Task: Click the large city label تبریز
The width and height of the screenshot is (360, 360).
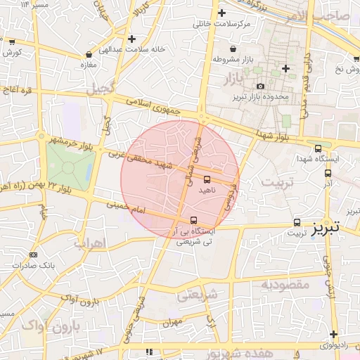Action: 326,227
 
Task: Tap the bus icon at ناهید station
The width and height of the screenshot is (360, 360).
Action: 207,179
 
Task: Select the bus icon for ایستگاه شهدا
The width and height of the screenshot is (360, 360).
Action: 319,148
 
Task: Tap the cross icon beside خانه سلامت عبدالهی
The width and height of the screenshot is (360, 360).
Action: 131,39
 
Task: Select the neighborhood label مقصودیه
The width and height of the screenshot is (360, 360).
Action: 285,285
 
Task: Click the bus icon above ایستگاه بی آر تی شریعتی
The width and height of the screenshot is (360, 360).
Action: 194,220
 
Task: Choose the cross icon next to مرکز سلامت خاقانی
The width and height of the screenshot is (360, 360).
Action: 222,13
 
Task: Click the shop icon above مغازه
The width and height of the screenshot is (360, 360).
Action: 89,54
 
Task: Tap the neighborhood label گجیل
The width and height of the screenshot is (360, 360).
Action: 99,89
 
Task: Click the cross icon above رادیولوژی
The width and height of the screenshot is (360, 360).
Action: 333,334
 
